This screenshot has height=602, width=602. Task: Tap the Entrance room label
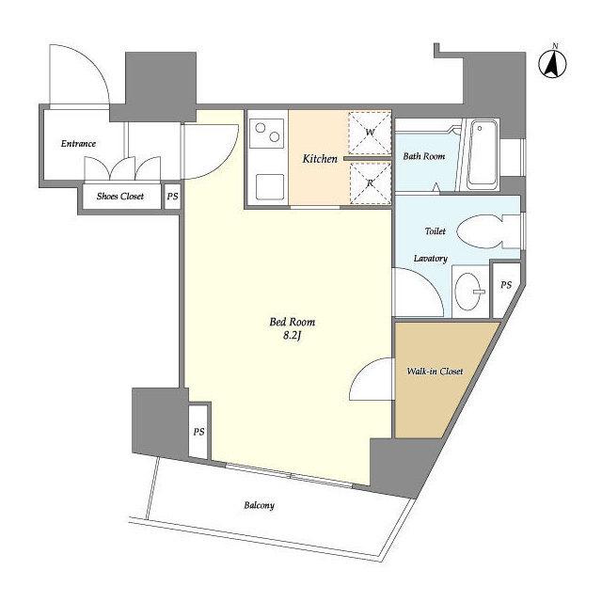(78, 144)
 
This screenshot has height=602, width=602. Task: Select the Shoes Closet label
(120, 197)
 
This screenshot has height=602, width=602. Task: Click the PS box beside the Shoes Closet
(172, 197)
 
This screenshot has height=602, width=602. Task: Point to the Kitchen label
(320, 159)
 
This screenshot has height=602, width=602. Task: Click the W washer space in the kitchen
(370, 133)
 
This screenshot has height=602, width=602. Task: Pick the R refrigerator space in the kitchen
(370, 182)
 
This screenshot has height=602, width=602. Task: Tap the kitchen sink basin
(270, 187)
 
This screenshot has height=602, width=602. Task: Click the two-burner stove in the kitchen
(267, 133)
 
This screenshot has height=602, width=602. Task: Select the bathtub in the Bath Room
(483, 154)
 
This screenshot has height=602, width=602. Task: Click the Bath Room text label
(424, 156)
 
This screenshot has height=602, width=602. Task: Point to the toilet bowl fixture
(483, 231)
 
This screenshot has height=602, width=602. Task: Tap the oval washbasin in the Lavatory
(468, 291)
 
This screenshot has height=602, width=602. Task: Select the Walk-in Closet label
(435, 372)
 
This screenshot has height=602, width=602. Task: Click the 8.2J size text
(292, 336)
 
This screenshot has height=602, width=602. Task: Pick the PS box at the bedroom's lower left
(198, 431)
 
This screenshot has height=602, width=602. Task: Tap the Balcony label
(260, 505)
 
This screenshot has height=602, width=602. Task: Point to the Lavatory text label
(431, 259)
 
